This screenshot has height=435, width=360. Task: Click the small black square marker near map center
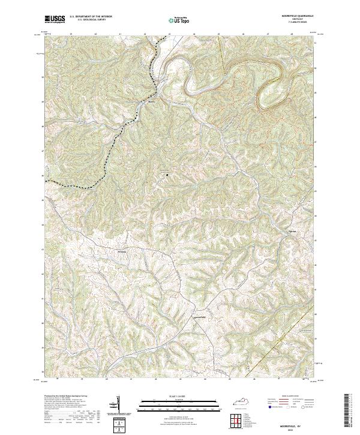coord(167,175)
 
